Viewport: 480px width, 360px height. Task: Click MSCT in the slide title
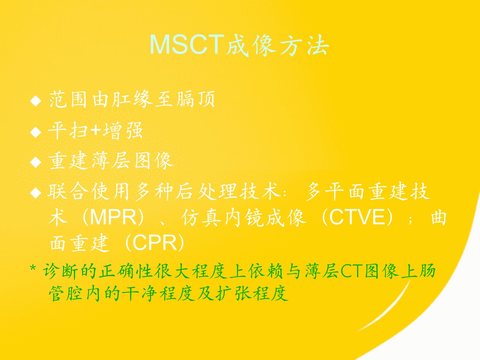click(x=187, y=45)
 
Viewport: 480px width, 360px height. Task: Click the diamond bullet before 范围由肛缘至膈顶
click(x=35, y=101)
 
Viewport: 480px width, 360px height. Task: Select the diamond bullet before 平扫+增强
click(x=35, y=132)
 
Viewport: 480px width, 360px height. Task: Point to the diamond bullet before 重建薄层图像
click(x=35, y=162)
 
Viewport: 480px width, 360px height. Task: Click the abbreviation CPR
click(x=155, y=243)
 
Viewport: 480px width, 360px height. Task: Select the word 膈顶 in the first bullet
click(x=196, y=100)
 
